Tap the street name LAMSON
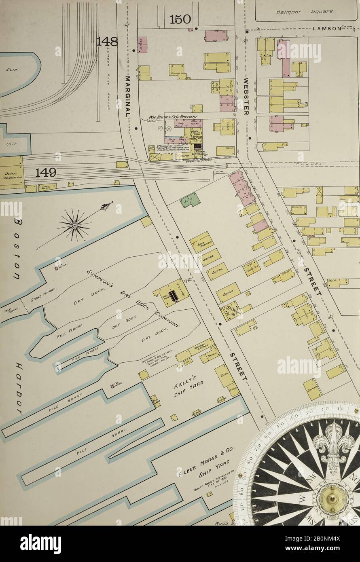(x=327, y=29)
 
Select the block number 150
(x=180, y=19)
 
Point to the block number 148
(x=107, y=41)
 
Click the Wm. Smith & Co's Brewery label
(x=173, y=117)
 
